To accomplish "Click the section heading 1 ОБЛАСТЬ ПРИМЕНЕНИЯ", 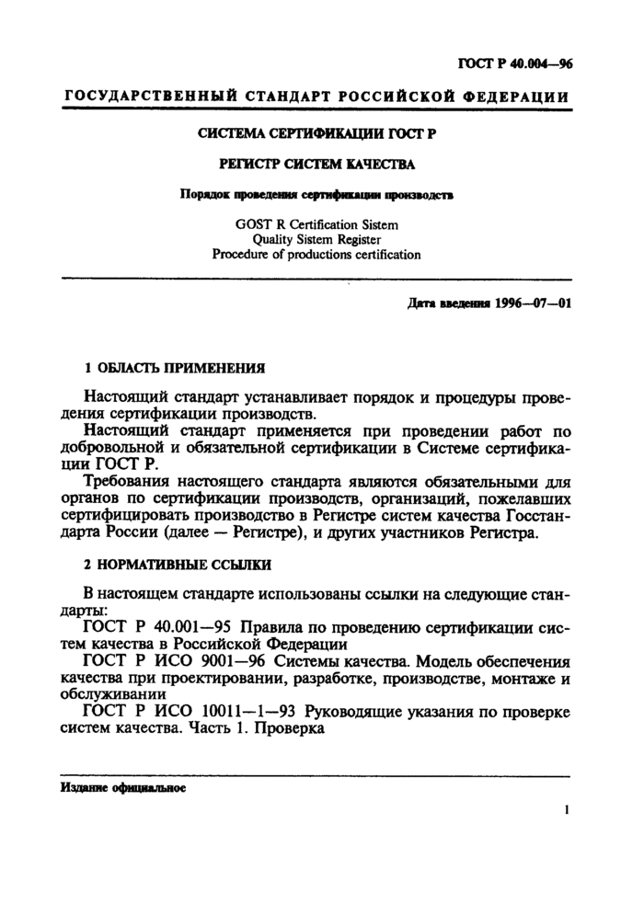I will pyautogui.click(x=175, y=367).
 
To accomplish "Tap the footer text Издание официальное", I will pyautogui.click(x=123, y=788).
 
